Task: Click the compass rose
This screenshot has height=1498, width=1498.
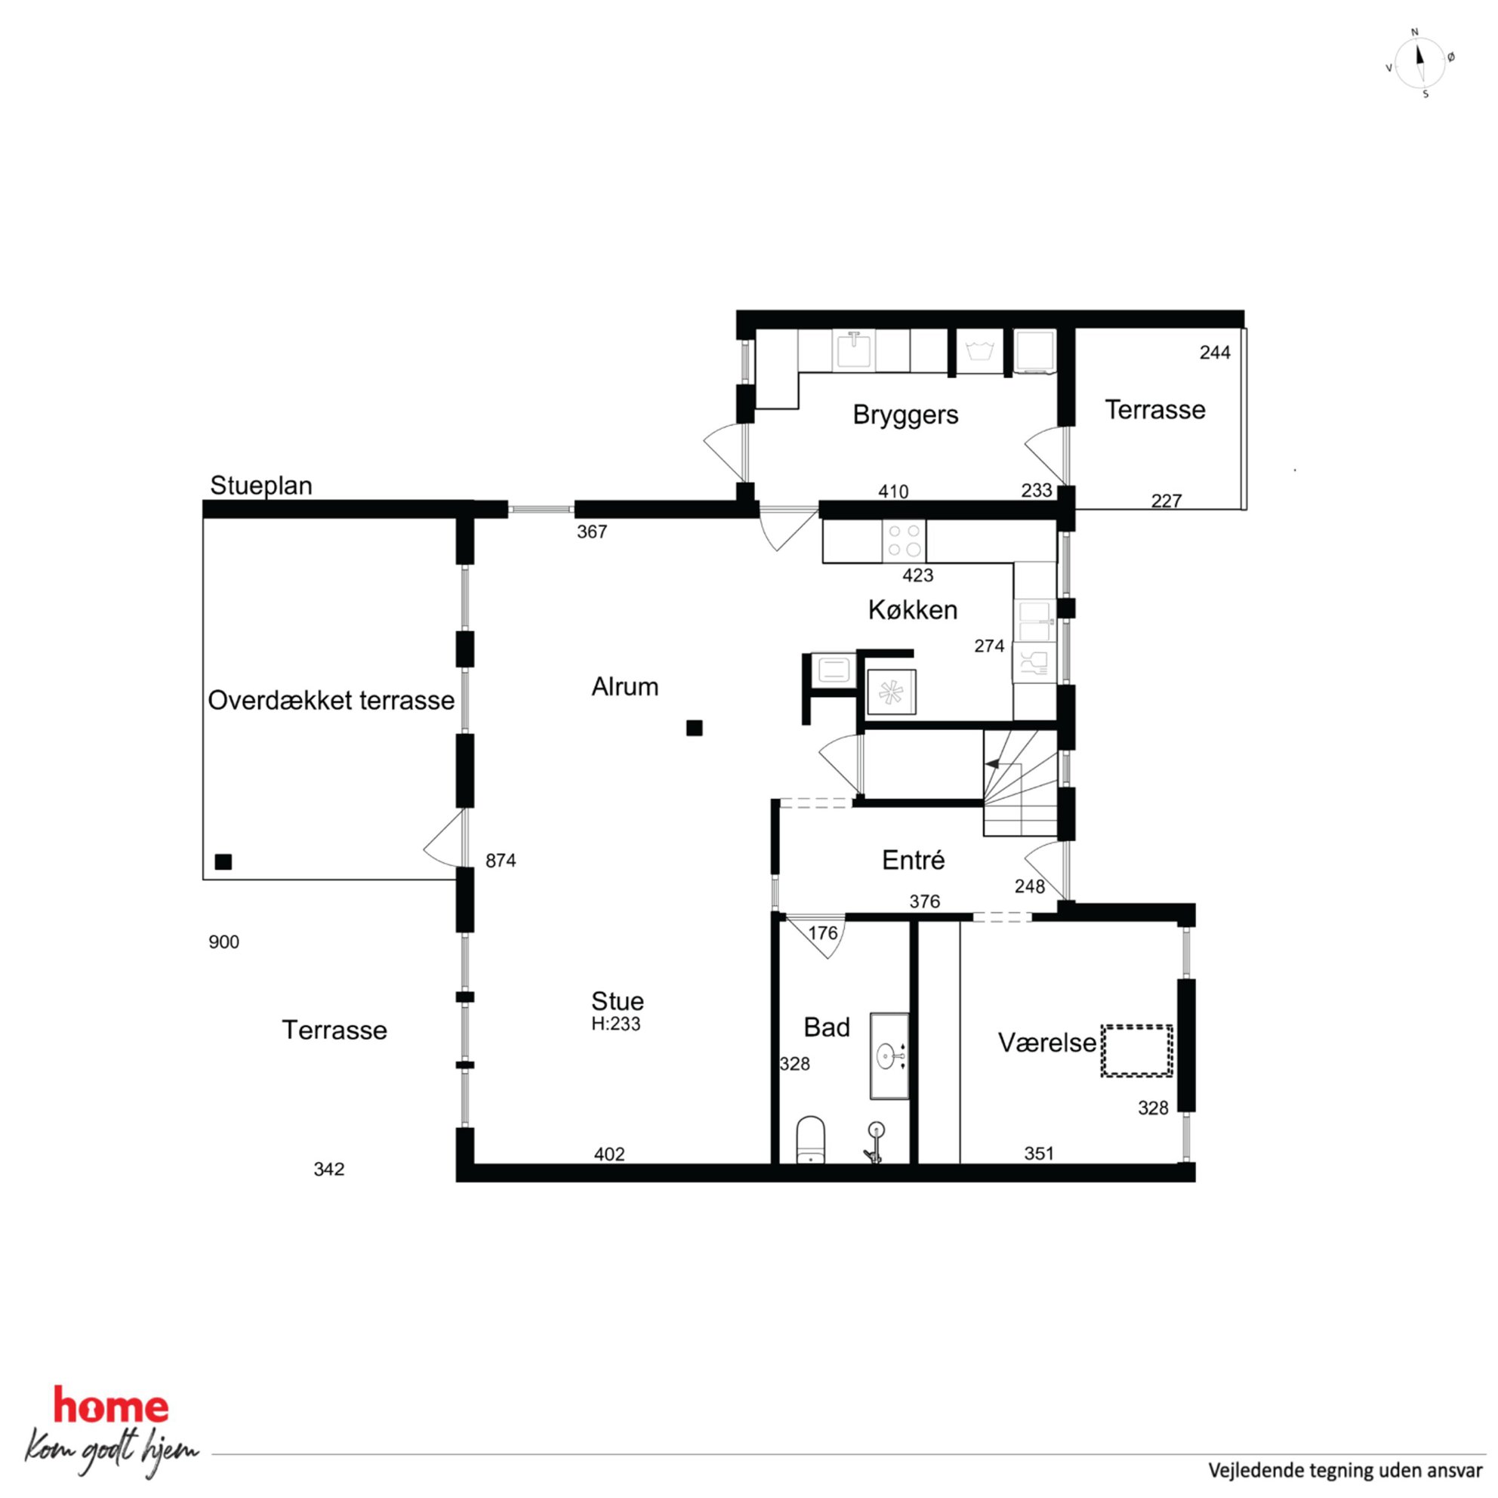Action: (1419, 63)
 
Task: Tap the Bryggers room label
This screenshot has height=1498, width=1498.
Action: (905, 414)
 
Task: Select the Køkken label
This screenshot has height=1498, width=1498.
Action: (913, 609)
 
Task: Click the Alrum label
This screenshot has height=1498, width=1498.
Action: (625, 686)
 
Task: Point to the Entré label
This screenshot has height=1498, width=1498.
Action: (914, 860)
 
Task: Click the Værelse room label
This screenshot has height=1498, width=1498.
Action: (1046, 1043)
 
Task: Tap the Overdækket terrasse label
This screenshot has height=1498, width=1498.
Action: (331, 700)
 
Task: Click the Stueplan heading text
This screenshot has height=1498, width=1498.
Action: (261, 485)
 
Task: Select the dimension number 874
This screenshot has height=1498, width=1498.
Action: (501, 860)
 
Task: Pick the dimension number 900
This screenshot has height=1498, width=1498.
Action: (224, 942)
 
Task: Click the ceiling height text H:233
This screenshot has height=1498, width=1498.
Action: (615, 1025)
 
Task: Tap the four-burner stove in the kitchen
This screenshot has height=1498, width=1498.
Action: (904, 541)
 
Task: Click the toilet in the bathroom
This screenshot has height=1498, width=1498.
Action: (811, 1141)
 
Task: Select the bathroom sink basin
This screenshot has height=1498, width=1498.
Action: (889, 1056)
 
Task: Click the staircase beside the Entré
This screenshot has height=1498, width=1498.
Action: (1020, 783)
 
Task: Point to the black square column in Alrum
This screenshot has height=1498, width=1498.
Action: (694, 727)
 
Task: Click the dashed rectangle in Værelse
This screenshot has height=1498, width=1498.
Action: (1136, 1050)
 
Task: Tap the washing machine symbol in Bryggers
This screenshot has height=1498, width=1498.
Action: (980, 350)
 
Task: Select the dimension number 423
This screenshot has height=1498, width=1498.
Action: (918, 575)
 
